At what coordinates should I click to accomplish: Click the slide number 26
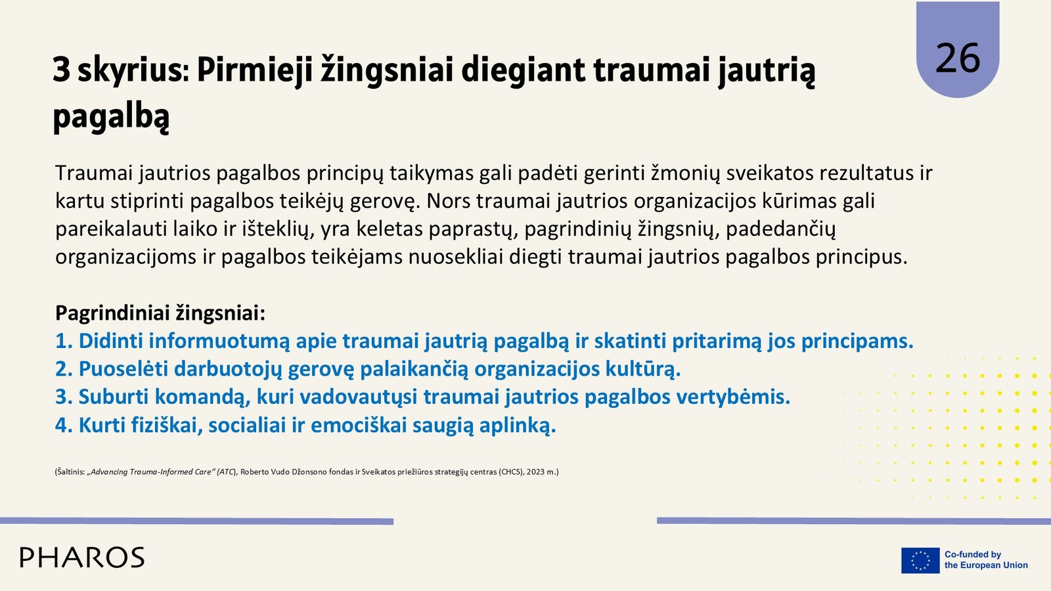[x=958, y=58]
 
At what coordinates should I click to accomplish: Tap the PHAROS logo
[x=82, y=558]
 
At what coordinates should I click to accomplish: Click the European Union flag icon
[x=920, y=560]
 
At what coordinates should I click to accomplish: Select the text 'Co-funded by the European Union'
[x=986, y=560]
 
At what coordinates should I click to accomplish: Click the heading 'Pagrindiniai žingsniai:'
[x=160, y=313]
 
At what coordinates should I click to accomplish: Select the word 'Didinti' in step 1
[x=110, y=341]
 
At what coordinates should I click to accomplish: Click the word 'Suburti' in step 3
[x=114, y=397]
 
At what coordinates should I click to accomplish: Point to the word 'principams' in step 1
[x=857, y=341]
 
